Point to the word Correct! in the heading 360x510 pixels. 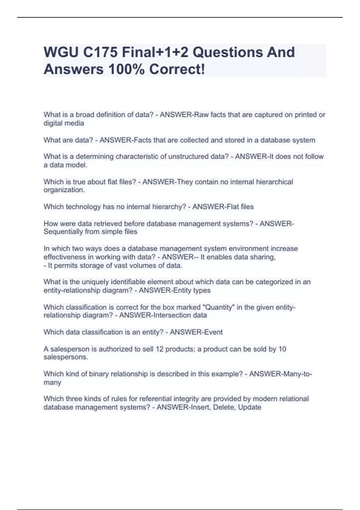pyautogui.click(x=177, y=70)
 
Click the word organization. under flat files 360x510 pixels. pyautogui.click(x=64, y=190)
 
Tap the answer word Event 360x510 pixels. pyautogui.click(x=213, y=332)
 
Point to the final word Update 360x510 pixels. pyautogui.click(x=250, y=407)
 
